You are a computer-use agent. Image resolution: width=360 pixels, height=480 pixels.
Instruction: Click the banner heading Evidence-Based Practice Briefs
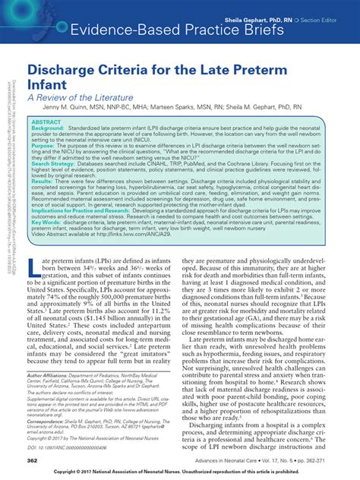[x=177, y=30]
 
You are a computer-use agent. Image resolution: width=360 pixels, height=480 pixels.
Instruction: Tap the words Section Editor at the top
[x=318, y=17]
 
